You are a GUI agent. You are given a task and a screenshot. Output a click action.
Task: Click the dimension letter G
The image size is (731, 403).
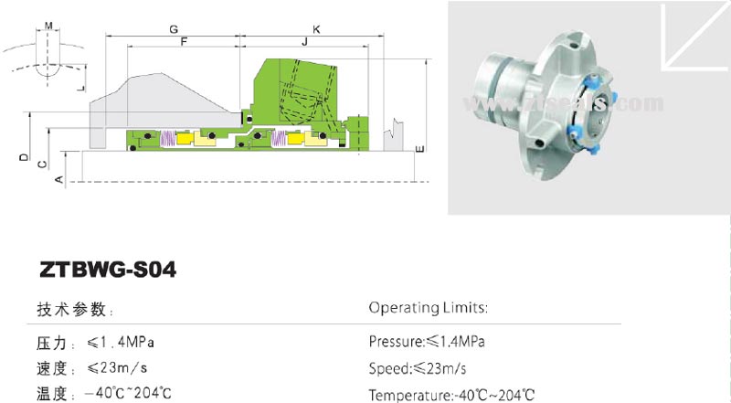[173, 29]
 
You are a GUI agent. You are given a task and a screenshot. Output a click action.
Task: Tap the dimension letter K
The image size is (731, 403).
[316, 29]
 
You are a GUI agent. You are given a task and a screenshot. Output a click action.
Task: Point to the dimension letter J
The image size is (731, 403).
[304, 43]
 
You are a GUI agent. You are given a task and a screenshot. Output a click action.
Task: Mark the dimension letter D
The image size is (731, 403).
[23, 157]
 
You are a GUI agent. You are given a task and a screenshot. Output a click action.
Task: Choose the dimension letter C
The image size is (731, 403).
[42, 164]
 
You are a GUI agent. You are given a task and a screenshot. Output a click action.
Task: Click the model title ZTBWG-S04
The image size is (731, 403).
[108, 270]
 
